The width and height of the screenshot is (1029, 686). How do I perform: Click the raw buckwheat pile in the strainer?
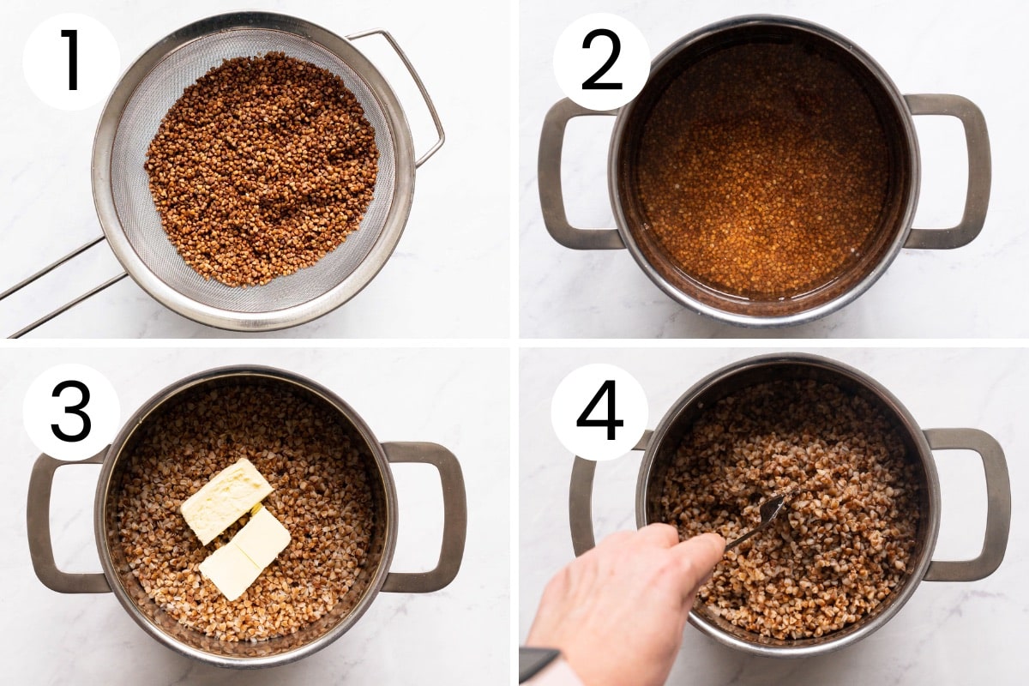coord(262,167)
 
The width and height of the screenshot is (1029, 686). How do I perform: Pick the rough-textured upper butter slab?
coord(226,499)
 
